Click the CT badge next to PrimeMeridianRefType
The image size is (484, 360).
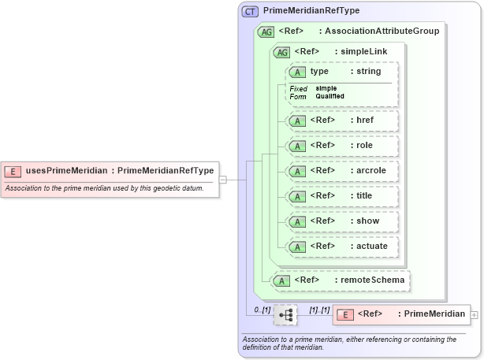pos(251,12)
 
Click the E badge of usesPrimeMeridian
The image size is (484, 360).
pos(13,170)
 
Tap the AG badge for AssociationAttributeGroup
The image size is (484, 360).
pos(266,32)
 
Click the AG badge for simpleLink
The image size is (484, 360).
pos(280,52)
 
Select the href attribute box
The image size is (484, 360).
pos(341,121)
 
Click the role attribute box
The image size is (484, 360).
pos(341,146)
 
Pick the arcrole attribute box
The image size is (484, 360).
pos(341,171)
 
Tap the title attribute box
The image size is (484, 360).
pos(341,196)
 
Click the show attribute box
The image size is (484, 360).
pos(341,221)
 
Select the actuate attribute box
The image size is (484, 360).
pos(341,247)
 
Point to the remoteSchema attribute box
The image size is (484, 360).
pos(341,280)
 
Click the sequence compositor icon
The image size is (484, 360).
pos(285,315)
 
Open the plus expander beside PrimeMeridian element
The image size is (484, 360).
pos(474,315)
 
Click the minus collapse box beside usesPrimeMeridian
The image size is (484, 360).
pos(223,180)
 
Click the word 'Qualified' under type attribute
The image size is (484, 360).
pos(329,96)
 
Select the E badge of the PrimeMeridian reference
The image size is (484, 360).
pos(344,315)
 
